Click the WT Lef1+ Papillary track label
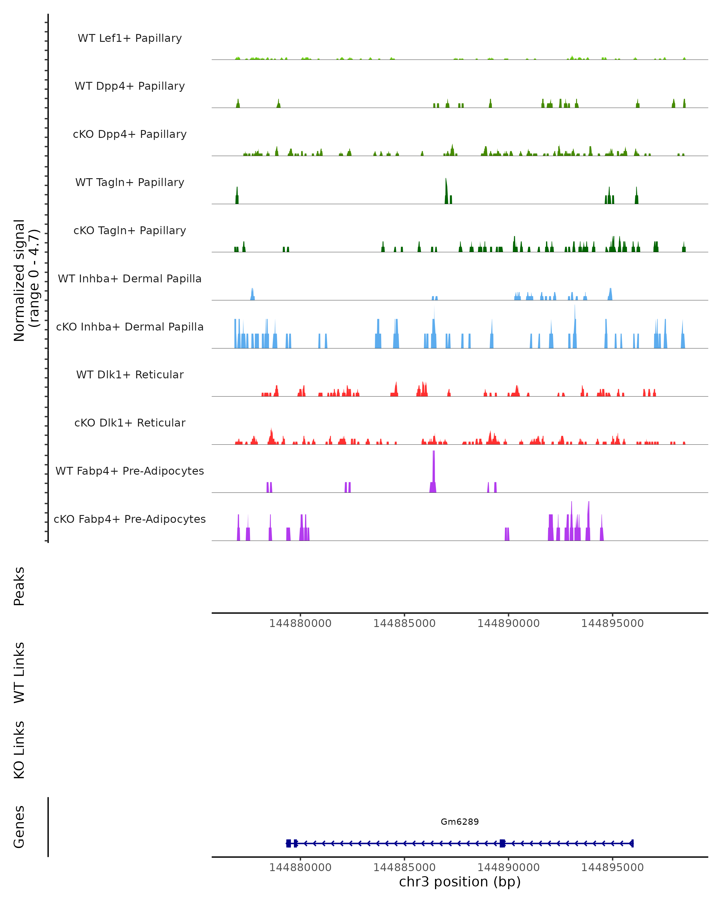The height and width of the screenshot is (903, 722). pos(130,38)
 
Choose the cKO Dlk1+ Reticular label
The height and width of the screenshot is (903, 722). pos(130,423)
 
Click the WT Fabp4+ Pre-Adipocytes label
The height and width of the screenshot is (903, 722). pos(130,471)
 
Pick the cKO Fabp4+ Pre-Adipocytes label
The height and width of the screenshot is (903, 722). pos(130,519)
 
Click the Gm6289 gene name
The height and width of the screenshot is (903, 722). pos(460,821)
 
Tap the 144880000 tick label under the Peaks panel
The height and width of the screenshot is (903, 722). pos(300,623)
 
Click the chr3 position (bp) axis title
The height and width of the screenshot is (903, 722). pos(460,882)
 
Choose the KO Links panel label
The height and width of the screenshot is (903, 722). pos(19,750)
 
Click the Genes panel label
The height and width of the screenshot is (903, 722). pos(19,827)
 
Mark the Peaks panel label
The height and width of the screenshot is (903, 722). pos(19,586)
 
